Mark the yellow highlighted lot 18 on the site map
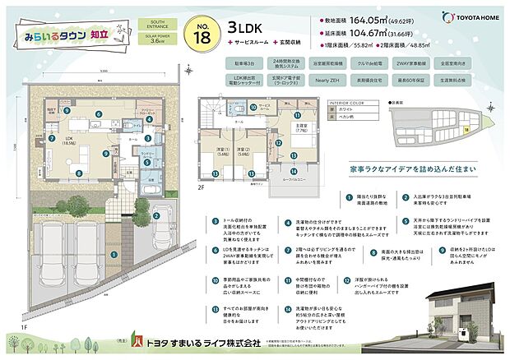pyautogui.click(x=465, y=129)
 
